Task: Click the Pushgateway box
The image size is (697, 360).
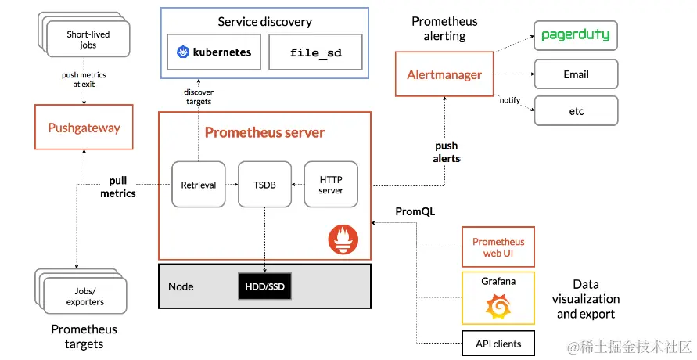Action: coord(84,127)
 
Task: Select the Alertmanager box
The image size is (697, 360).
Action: coord(444,74)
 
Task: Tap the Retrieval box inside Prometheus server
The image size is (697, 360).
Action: coord(199,185)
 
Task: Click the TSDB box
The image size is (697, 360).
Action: coord(264,185)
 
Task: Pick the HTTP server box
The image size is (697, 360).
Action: coord(330,185)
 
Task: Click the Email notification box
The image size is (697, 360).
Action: coord(576,74)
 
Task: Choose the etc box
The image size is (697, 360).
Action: coord(576,111)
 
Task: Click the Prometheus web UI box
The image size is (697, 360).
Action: coord(498,247)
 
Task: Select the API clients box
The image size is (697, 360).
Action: coord(498,343)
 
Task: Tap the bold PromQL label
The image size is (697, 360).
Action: coord(415,211)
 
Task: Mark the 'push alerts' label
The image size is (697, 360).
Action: coord(447,152)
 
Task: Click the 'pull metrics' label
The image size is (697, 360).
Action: coord(118,187)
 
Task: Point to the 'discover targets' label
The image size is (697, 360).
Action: coord(198,96)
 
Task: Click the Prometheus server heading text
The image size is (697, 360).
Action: coord(264,132)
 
